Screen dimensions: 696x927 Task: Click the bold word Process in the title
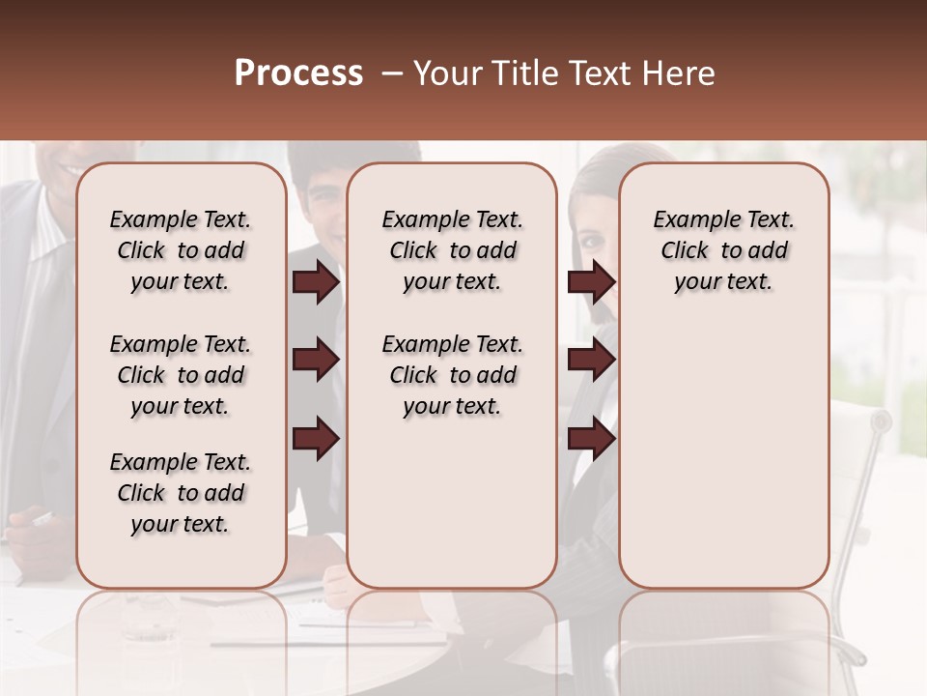298,73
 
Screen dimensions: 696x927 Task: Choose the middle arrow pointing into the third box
591,360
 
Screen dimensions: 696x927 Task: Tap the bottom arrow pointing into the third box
591,438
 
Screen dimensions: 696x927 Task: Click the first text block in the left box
181,250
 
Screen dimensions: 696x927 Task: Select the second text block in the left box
181,375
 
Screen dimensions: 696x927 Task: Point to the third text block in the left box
181,493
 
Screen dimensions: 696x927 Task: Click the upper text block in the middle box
452,250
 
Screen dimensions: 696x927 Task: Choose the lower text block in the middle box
452,375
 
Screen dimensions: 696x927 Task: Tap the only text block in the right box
723,250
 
